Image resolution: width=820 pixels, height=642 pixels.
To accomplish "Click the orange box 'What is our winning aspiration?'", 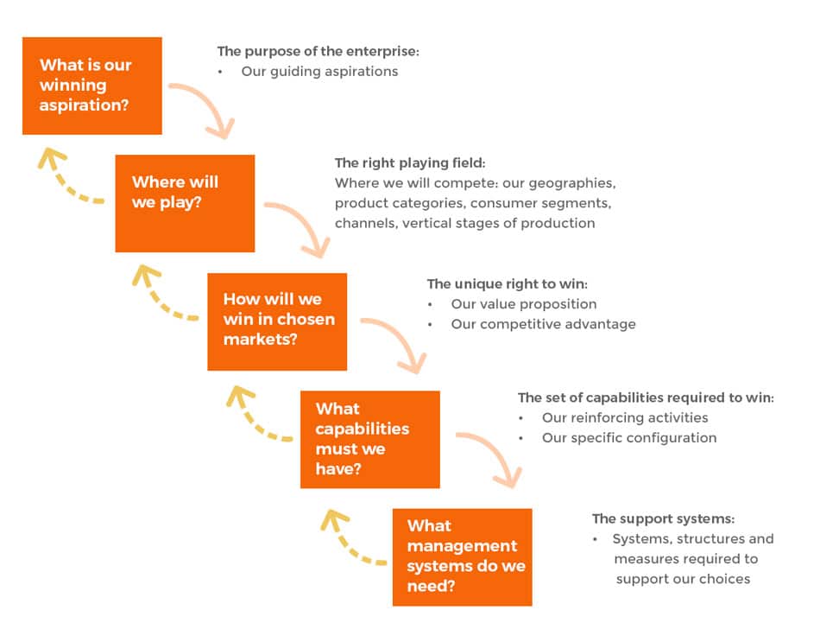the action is coord(92,86).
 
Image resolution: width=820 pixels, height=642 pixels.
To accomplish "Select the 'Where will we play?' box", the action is coord(185,204).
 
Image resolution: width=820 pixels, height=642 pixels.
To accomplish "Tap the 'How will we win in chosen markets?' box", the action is coord(277,321).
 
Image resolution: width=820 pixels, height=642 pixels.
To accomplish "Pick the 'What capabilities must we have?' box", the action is coord(370,439).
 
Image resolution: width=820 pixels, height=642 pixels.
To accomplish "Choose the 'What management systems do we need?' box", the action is coord(463,557).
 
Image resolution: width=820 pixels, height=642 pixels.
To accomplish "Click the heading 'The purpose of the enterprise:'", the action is coord(318,51).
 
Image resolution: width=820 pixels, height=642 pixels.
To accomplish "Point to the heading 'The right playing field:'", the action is coord(410,162).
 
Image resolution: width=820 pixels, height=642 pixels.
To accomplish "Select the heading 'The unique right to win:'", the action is coord(508,283).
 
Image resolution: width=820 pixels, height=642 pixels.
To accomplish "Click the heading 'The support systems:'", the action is coord(663,518).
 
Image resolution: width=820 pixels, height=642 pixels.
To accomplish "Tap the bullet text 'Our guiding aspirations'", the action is coord(319,72).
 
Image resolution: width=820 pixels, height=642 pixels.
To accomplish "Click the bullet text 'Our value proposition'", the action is coord(524,304).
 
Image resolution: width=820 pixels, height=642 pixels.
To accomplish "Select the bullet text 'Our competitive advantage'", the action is coord(543,324).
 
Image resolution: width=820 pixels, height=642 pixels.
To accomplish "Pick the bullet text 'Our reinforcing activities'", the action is coord(625,417).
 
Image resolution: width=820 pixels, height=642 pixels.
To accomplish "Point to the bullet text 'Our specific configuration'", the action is coord(629,438).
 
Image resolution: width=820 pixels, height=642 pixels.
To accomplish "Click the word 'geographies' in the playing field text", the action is coord(572,183).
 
